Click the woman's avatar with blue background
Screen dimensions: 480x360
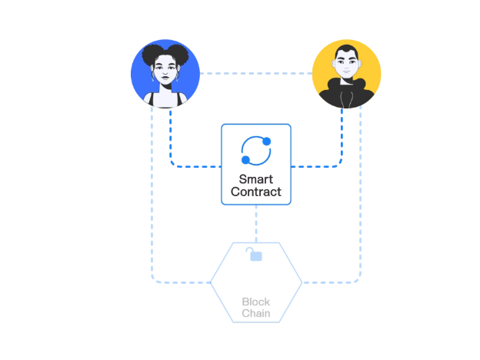[165, 74]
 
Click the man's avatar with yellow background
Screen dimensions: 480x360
[346, 74]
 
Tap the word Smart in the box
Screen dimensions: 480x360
[256, 179]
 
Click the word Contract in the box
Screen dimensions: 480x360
[256, 192]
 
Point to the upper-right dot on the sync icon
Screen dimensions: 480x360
[267, 141]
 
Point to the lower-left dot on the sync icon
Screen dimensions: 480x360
[245, 160]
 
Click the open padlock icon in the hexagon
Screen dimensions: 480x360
[255, 255]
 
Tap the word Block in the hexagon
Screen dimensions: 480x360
[256, 302]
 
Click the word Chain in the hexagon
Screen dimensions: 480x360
[256, 313]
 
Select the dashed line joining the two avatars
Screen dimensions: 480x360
[256, 74]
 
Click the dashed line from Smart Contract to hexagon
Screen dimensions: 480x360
[256, 224]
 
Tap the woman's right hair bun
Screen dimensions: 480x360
[178, 54]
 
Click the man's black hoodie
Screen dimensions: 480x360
[346, 93]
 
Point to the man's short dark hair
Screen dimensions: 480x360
[346, 51]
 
